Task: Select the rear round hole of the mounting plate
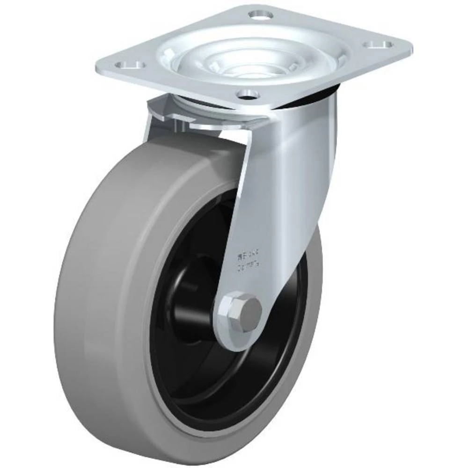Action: coord(261,15)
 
